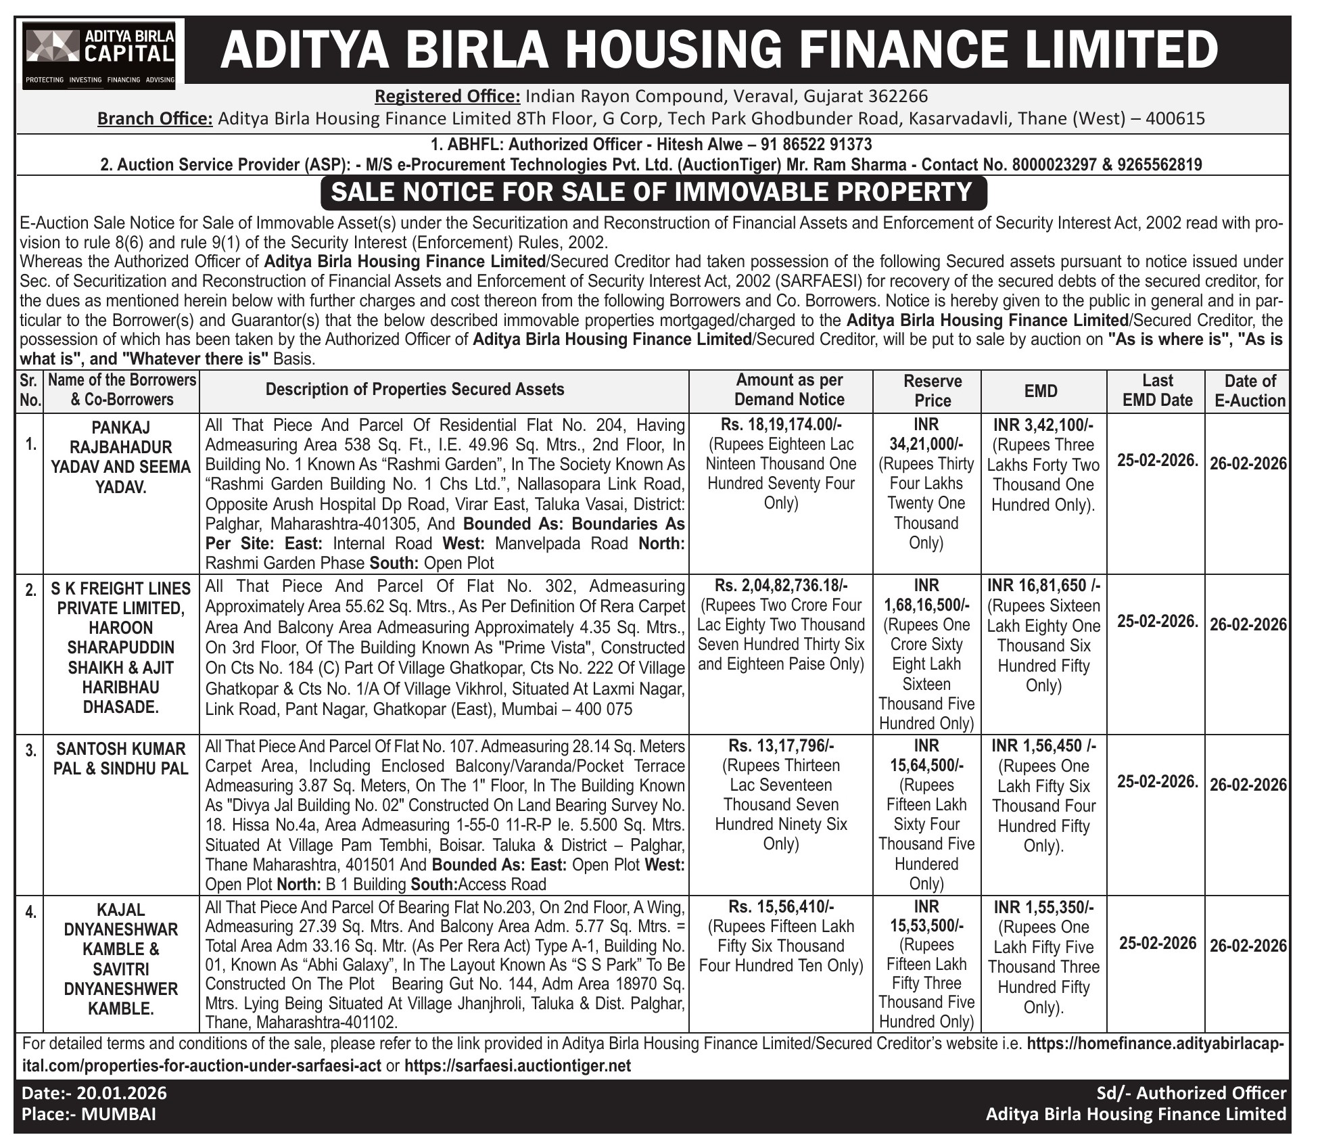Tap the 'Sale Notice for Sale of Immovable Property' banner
pyautogui.click(x=653, y=192)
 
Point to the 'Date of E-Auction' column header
pyautogui.click(x=1250, y=390)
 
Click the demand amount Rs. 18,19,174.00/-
pyautogui.click(x=781, y=424)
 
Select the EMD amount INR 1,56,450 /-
pyautogui.click(x=1043, y=745)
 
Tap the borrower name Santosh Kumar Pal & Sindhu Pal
pyautogui.click(x=121, y=758)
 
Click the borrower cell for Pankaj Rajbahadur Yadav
pyautogui.click(x=121, y=457)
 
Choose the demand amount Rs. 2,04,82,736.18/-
pyautogui.click(x=781, y=585)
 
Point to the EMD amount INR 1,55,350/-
pyautogui.click(x=1043, y=906)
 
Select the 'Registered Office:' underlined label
pyautogui.click(x=447, y=96)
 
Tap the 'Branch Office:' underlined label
pyautogui.click(x=155, y=118)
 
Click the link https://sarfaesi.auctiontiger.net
pyautogui.click(x=517, y=1065)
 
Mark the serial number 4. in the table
pyautogui.click(x=30, y=912)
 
